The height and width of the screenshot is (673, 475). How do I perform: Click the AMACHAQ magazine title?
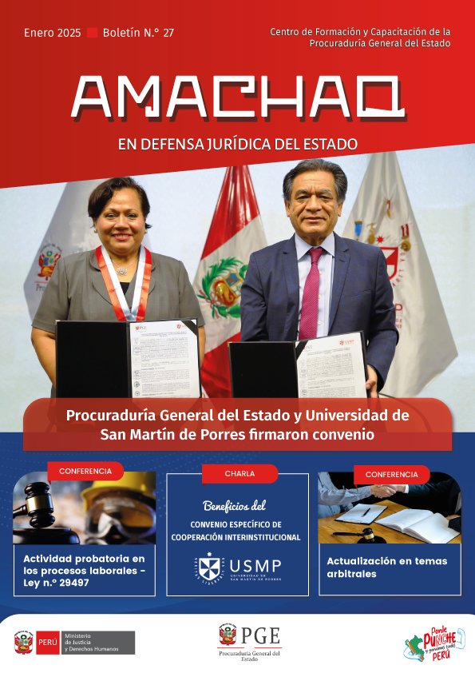(x=236, y=98)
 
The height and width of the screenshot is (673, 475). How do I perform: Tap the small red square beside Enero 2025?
(x=92, y=33)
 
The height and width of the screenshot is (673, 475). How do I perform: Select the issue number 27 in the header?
(x=168, y=33)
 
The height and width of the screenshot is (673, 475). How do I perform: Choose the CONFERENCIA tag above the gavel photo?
(x=85, y=471)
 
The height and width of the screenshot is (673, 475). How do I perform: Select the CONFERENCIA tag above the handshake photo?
(x=392, y=474)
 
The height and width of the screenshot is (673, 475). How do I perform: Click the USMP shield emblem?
(x=210, y=568)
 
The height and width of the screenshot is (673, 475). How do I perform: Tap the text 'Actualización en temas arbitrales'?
(x=386, y=567)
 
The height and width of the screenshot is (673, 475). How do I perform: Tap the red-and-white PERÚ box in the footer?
(x=46, y=642)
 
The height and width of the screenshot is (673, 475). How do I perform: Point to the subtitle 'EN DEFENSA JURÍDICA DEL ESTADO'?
(x=237, y=145)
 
